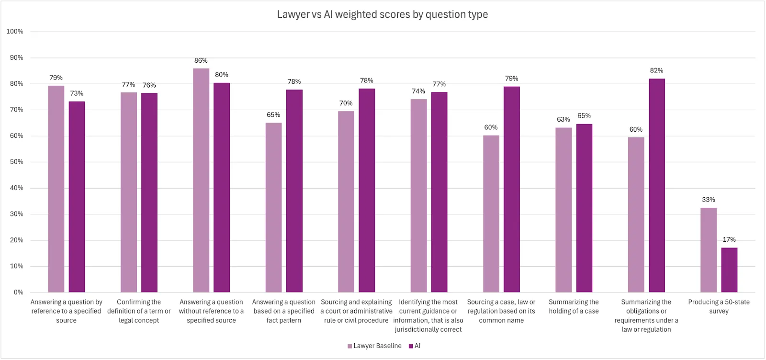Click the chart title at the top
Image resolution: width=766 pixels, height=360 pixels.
(382, 14)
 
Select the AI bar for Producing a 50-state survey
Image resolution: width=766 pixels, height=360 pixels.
(729, 270)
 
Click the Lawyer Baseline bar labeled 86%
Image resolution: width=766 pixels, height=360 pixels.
(201, 180)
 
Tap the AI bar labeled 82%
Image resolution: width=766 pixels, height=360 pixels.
(657, 186)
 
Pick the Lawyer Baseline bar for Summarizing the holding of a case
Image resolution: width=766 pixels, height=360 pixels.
(563, 210)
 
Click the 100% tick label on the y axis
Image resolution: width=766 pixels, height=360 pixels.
(15, 32)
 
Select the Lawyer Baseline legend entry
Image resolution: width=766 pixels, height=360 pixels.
(374, 346)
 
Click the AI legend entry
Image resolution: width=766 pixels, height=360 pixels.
(415, 346)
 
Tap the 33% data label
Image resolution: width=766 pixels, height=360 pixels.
(708, 200)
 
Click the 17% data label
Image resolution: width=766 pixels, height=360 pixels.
(729, 239)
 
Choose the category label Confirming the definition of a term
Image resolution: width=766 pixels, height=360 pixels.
(139, 311)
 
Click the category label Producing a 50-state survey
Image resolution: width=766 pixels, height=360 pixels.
(719, 306)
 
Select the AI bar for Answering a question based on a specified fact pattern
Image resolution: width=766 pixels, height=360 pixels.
(294, 191)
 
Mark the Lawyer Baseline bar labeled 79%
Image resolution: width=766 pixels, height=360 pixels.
(56, 189)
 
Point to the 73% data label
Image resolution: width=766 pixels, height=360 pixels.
(77, 93)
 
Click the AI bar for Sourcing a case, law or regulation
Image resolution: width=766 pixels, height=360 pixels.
(512, 190)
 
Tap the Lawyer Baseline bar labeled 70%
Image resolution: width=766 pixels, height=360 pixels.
(346, 202)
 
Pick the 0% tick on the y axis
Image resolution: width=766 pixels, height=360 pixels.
(18, 292)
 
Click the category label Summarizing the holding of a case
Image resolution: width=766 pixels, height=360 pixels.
(574, 306)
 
